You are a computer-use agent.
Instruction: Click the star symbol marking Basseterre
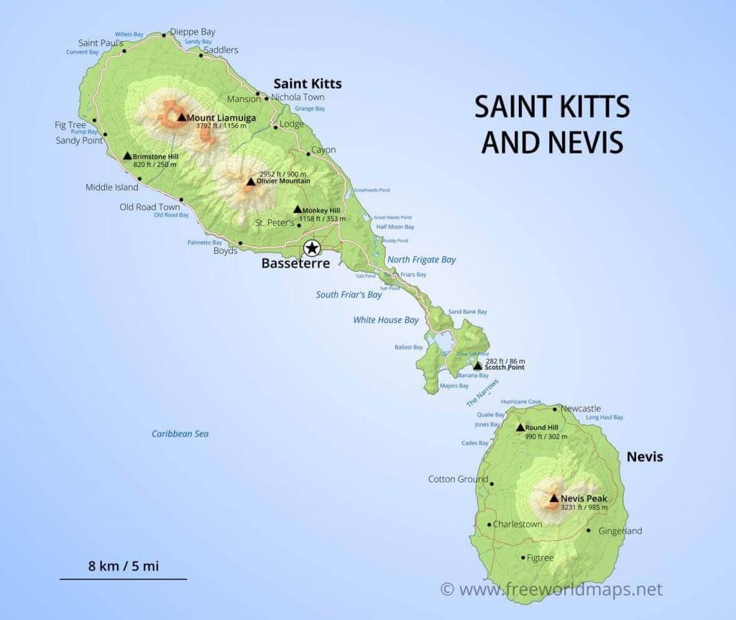coord(312,249)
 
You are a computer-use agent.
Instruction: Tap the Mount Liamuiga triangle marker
coord(181,117)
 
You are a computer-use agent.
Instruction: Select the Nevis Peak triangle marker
coord(553,497)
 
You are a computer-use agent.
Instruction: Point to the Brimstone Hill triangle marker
coord(127,155)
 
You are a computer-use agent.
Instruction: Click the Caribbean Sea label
coord(180,434)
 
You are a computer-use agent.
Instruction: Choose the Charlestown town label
coord(517,524)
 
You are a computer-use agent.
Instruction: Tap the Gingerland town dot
coord(589,531)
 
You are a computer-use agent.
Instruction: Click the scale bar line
coord(123,578)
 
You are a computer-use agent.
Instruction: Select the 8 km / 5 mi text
coord(124,565)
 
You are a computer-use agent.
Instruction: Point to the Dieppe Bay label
coord(192,32)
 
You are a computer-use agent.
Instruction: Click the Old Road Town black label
coord(149,207)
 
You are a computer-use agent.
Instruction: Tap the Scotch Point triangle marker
coord(477,366)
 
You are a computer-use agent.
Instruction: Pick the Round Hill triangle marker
coord(520,427)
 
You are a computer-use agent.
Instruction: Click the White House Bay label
coord(386,319)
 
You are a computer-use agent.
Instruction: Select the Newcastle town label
coord(580,409)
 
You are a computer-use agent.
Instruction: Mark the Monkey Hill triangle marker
coord(297,209)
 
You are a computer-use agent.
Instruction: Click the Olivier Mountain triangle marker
coord(250,182)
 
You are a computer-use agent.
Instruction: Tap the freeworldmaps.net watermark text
coord(560,589)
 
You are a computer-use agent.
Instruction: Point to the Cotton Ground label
coord(458,479)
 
